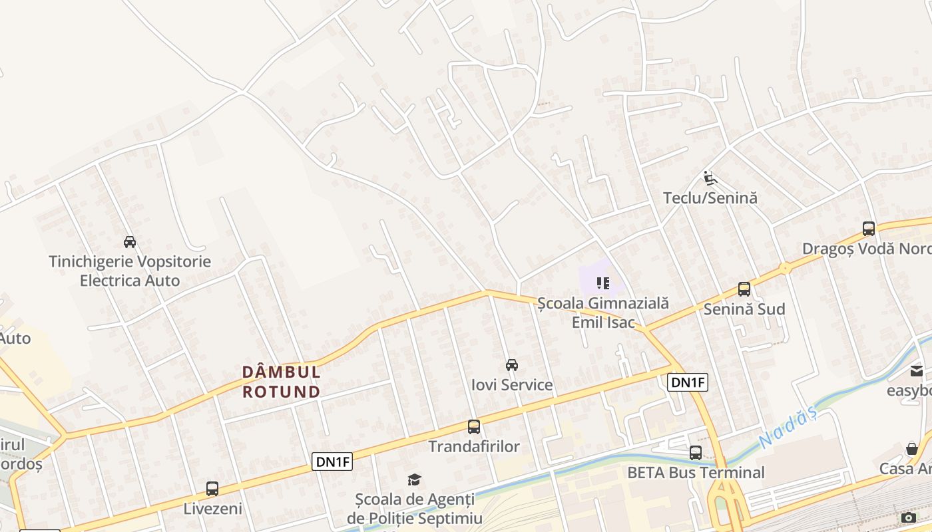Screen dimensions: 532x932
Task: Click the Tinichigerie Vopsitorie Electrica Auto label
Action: tap(130, 271)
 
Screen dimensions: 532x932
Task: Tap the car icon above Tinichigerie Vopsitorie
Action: tap(130, 241)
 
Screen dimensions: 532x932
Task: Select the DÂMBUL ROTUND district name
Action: tap(282, 381)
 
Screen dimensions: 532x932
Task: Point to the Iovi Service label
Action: tap(512, 384)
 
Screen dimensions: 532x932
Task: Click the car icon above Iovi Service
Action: tap(512, 364)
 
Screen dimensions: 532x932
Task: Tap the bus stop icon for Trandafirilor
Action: tap(473, 427)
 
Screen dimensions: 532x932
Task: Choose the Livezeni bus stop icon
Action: tap(212, 489)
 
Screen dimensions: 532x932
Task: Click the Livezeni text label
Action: tap(212, 509)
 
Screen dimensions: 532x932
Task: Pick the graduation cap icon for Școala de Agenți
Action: tap(414, 479)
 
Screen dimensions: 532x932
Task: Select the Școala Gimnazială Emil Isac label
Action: tap(603, 313)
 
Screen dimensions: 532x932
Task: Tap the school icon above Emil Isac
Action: tap(603, 284)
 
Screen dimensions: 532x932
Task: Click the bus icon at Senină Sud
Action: tap(744, 289)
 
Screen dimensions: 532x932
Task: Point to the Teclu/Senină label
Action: tap(710, 198)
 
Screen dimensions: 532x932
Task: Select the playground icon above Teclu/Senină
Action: tap(710, 178)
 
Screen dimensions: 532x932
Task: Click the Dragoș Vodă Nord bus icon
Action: tap(869, 229)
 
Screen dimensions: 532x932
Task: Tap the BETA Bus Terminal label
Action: tap(696, 473)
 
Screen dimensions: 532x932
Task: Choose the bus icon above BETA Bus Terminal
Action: tap(696, 453)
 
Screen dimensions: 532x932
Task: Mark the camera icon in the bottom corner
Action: tap(909, 517)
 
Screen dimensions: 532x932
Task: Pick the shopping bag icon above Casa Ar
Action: tap(912, 449)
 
